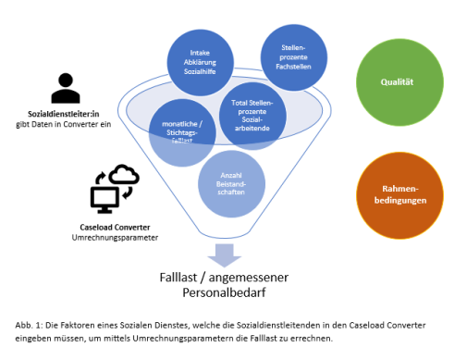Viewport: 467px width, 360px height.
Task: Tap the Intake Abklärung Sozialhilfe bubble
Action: click(200, 62)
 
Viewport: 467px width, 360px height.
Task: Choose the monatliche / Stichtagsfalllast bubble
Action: click(182, 133)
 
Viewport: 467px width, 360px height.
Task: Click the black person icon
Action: click(66, 89)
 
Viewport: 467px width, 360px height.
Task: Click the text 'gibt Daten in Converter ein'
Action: click(66, 124)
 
